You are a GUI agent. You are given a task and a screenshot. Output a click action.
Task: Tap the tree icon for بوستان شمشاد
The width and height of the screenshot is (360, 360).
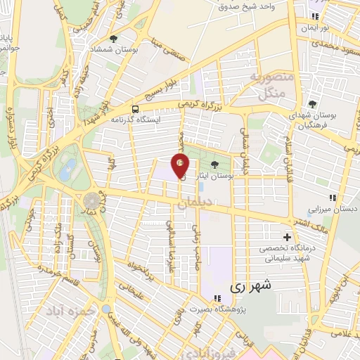click(x=114, y=39)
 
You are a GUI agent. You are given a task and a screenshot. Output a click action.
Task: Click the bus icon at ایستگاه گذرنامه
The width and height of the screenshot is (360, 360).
click(x=135, y=109)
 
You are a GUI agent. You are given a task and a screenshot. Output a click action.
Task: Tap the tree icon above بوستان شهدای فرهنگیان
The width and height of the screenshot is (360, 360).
click(x=314, y=105)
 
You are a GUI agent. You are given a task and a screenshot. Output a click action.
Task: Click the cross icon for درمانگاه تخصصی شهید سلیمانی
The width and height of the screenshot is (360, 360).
click(x=286, y=237)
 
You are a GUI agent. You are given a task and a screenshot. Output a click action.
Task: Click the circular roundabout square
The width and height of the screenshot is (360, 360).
click(x=91, y=201)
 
